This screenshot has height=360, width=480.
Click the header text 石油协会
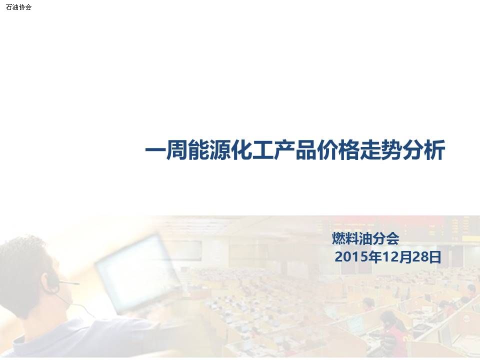pos(18,7)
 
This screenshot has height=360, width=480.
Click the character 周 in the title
pos(176,150)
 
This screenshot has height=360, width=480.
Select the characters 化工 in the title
pos(251,150)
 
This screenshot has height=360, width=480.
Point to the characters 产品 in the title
pos(294,150)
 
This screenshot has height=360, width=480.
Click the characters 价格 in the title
pos(337,150)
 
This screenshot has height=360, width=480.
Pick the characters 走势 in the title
pos(380,150)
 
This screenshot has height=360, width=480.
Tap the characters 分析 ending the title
pos(423,150)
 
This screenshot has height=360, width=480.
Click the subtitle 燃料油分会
pos(365,238)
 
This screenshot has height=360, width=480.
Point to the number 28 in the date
pos(420,257)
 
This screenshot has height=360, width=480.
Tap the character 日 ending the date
pos(435,257)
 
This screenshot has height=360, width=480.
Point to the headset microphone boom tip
pos(77,283)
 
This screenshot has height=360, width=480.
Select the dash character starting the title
pos(155,150)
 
